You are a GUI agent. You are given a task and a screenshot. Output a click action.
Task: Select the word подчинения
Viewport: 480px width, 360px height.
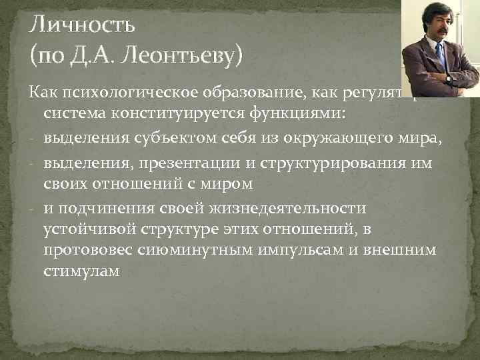click(106, 209)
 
